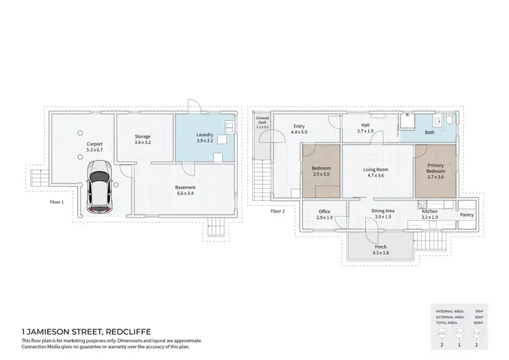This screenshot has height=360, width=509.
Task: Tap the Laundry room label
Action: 205,134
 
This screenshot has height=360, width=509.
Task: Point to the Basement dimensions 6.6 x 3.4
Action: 185,194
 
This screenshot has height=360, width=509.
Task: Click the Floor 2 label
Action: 278,211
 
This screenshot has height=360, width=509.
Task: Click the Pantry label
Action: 466,215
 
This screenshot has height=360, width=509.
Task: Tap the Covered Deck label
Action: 262,120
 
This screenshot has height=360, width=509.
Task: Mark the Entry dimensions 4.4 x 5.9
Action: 299,132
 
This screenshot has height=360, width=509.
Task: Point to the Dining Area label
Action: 383,211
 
